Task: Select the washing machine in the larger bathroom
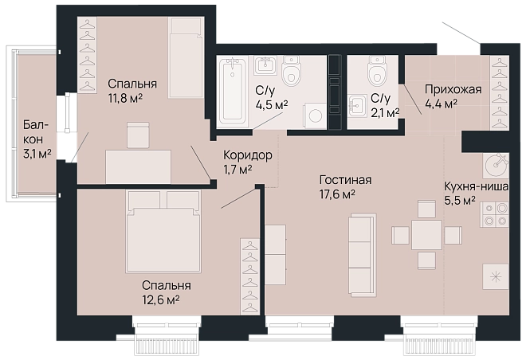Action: coord(315,116)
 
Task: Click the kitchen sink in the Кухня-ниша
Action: coord(497,165)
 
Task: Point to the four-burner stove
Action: coord(496,214)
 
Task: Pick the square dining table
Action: coord(426,234)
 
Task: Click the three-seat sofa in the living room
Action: coord(363,255)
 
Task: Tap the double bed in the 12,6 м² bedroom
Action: coord(163,232)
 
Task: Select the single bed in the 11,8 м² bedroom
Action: coord(186,57)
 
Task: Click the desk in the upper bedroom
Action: coord(138,166)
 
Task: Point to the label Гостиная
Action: coord(346,180)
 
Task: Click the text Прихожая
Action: coord(453,89)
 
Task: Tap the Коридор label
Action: coord(248,155)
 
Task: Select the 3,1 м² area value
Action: coord(37,154)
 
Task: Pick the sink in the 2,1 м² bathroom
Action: coord(357,106)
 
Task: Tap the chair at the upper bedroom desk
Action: coord(138,135)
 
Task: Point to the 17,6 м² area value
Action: coord(338,194)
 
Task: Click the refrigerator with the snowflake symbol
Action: coord(496,276)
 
